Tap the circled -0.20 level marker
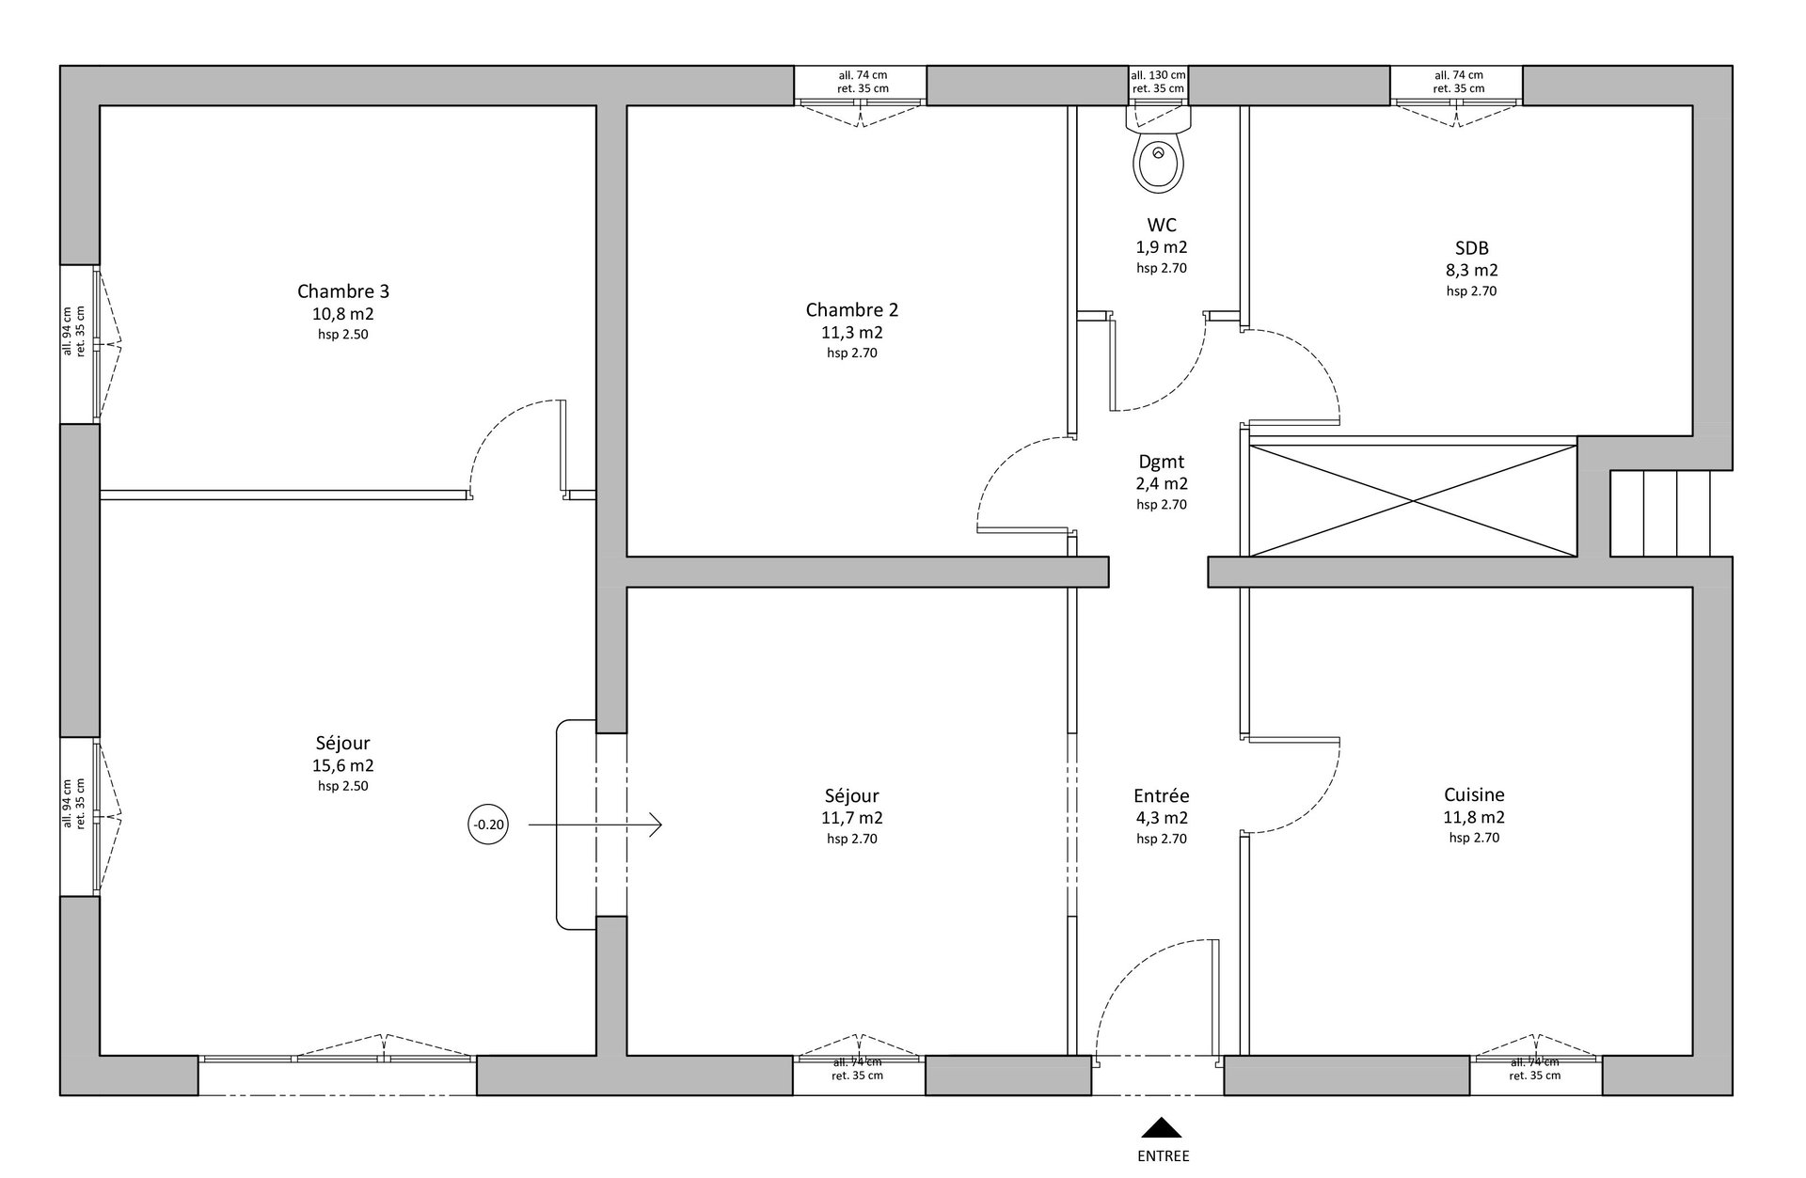pos(488,825)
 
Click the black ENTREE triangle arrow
pos(1162,1127)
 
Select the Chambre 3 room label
pos(343,291)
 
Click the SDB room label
pos(1472,248)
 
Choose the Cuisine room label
pos(1474,794)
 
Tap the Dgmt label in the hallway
pos(1162,462)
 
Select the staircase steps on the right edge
pos(1660,513)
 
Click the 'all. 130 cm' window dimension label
pos(1158,75)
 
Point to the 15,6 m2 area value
pos(343,766)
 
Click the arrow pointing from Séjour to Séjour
pos(595,825)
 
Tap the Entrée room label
pos(1162,795)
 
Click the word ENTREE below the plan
pos(1164,1156)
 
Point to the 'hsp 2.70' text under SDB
pos(1472,291)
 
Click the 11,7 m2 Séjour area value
pos(852,818)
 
